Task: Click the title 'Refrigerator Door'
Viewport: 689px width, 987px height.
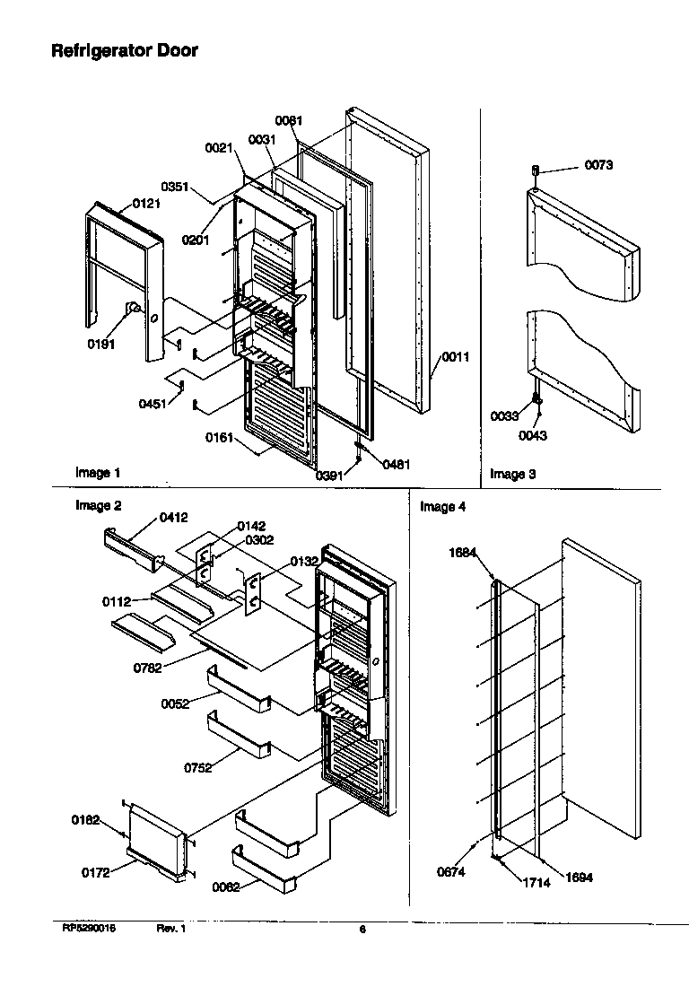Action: click(124, 51)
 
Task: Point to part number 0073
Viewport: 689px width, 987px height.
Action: click(599, 165)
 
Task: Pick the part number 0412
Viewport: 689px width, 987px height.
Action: click(173, 517)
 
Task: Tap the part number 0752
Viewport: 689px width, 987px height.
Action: click(199, 767)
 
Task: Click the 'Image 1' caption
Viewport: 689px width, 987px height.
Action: click(97, 473)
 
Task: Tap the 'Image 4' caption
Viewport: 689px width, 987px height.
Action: click(443, 507)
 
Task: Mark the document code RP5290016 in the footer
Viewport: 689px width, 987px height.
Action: click(89, 930)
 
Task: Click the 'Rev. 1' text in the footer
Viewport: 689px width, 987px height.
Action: click(170, 930)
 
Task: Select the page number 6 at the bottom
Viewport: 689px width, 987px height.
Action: click(362, 930)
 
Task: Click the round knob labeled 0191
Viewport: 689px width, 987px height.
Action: click(132, 310)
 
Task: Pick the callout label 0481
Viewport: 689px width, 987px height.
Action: click(397, 464)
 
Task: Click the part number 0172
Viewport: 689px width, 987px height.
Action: click(96, 872)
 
